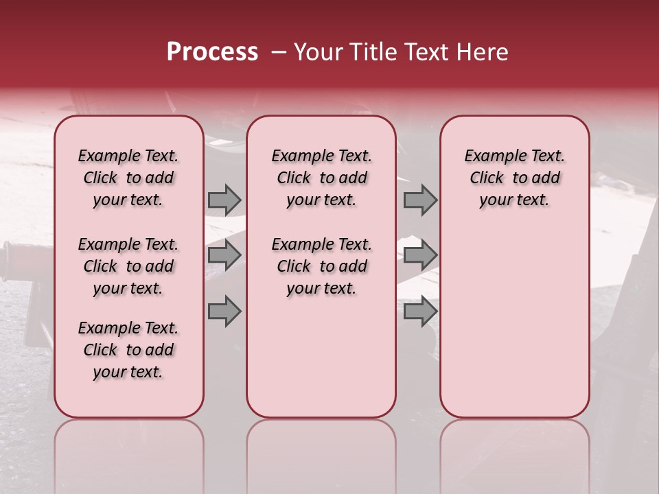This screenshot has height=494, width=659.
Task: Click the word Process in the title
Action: coord(212,52)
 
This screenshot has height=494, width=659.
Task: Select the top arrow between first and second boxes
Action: coord(224,200)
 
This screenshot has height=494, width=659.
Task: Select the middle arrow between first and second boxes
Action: coord(224,255)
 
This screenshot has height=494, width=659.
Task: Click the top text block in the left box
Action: coord(128,178)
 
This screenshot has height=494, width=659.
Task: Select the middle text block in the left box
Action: coord(128,266)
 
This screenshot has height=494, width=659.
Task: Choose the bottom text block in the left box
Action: coord(128,350)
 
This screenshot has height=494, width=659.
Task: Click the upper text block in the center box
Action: coord(321,178)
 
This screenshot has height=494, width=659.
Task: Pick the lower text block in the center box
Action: coord(321,266)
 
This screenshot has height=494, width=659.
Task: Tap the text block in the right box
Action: coord(514,178)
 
